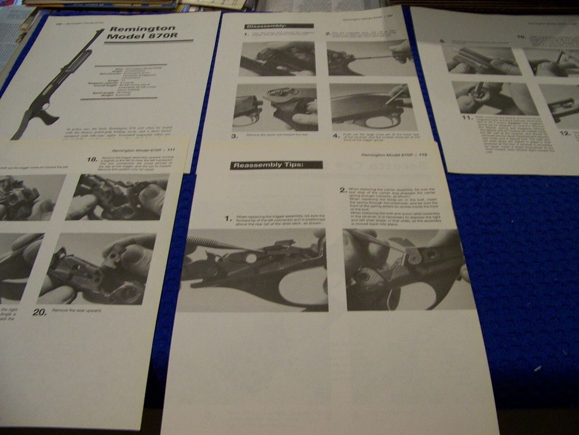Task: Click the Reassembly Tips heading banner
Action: (276, 165)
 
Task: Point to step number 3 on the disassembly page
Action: (235, 136)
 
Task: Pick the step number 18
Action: (92, 159)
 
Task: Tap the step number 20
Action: (39, 311)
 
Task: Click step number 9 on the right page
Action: (442, 42)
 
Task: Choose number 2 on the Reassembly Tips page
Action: (343, 190)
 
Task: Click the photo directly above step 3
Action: (275, 107)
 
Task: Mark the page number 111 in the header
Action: (171, 150)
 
